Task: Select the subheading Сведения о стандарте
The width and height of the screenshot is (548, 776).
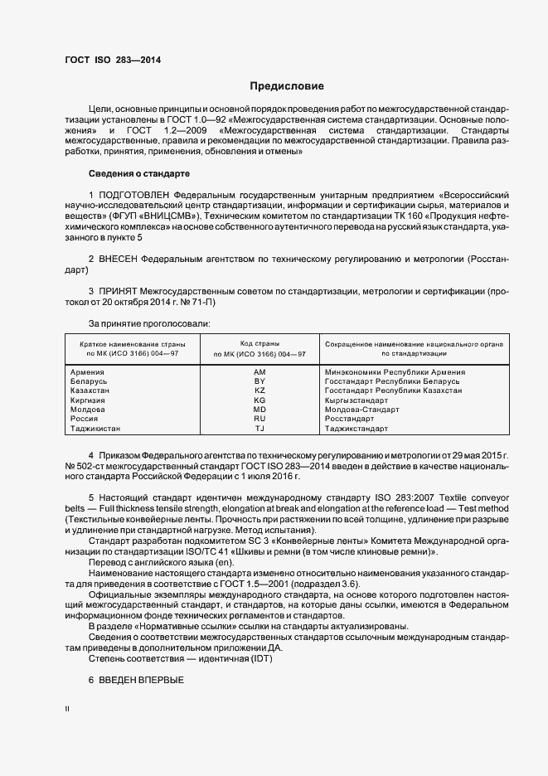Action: (139, 173)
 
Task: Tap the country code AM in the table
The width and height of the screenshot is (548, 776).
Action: (259, 372)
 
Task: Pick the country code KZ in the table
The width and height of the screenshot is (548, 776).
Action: (259, 390)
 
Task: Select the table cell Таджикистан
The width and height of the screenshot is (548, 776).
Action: (96, 429)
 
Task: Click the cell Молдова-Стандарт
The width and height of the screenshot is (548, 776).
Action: (362, 410)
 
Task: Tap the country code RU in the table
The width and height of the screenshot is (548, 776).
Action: (259, 419)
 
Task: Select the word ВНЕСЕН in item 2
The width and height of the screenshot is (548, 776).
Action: (120, 259)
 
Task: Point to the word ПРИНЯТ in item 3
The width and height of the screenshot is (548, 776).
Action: (120, 292)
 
